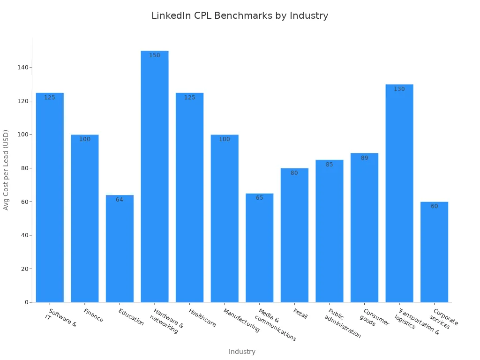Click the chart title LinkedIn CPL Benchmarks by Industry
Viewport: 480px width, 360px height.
[240, 15]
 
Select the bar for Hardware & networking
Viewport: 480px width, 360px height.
[155, 178]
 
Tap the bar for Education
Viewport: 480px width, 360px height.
[120, 248]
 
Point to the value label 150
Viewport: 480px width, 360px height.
[155, 55]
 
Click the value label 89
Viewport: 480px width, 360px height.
[365, 158]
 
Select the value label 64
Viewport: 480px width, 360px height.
[120, 200]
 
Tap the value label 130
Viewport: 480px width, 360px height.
[399, 89]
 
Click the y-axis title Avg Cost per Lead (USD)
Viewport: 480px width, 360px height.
[6, 170]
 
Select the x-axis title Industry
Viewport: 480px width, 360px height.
[242, 352]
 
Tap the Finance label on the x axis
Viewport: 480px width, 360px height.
[93, 315]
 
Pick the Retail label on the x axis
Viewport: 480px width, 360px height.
[300, 314]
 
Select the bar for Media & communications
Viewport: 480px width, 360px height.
[260, 248]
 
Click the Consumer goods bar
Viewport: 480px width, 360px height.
[365, 230]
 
